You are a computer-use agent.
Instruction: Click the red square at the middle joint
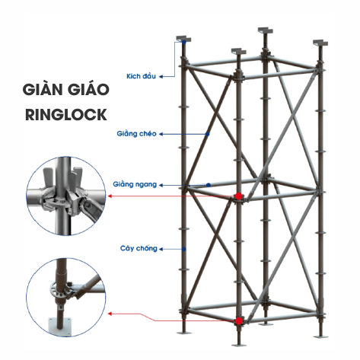click(238, 197)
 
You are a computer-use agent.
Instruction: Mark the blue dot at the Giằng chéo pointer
click(208, 134)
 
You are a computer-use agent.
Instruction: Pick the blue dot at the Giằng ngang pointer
click(208, 184)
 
